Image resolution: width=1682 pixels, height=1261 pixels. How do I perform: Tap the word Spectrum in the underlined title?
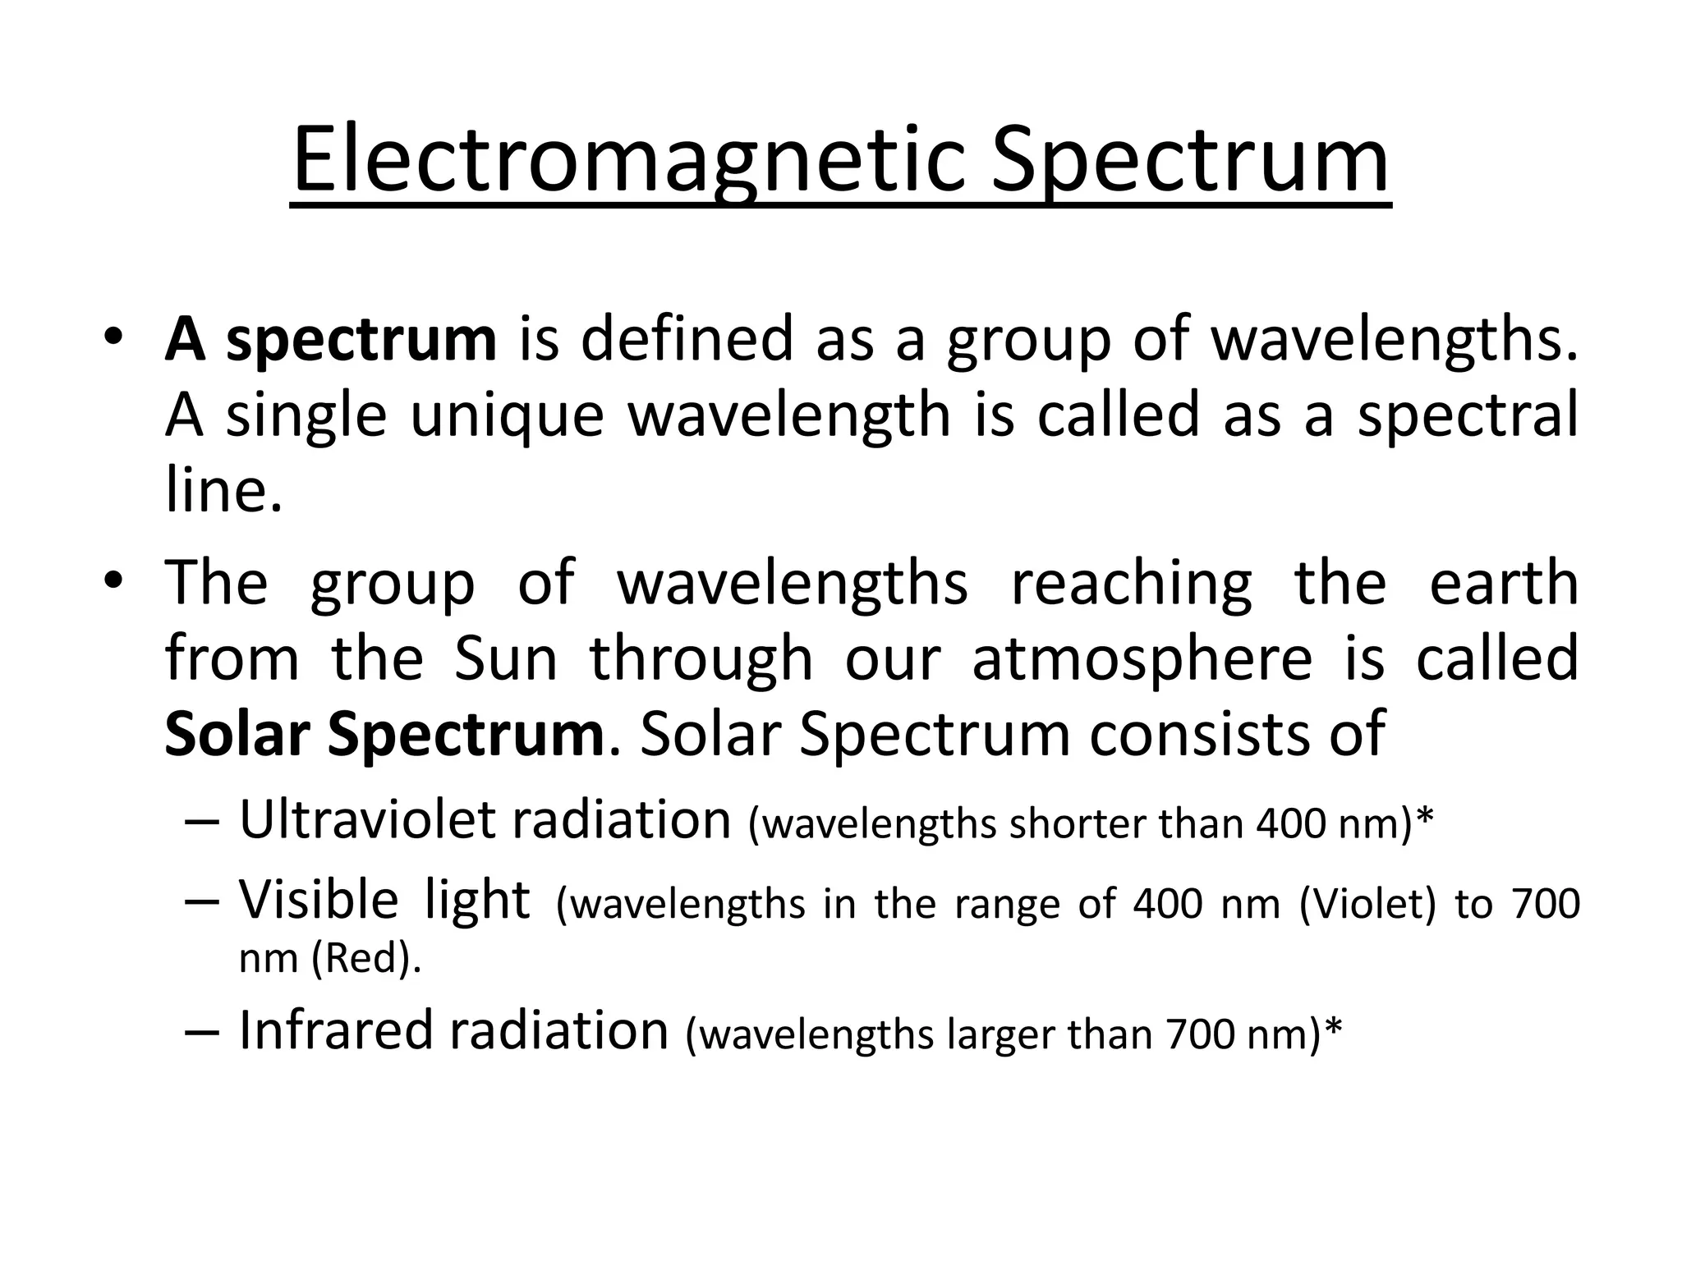(1190, 161)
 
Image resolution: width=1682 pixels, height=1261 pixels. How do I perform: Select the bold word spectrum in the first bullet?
(361, 340)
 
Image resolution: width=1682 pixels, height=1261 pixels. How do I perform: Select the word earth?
(1504, 583)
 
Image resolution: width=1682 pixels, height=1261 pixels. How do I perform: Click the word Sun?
(506, 659)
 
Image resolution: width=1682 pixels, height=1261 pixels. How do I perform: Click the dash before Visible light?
(202, 901)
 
